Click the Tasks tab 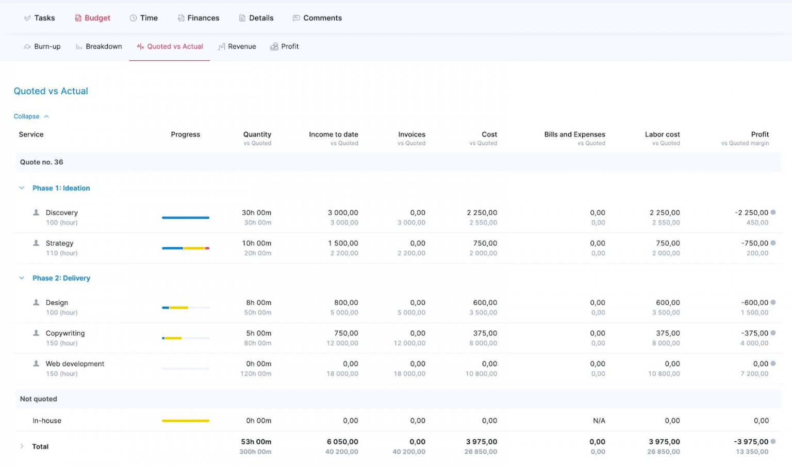(40, 18)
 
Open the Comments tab (317, 18)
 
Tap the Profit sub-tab (285, 46)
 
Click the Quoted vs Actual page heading (51, 91)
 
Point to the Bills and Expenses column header (574, 134)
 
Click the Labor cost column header (662, 134)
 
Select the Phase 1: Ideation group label (61, 188)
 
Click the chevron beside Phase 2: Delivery (22, 278)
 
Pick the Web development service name (75, 364)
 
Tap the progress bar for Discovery (186, 217)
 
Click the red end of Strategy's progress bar (207, 248)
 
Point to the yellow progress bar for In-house (186, 421)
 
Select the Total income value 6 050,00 (342, 442)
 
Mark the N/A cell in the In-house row (599, 421)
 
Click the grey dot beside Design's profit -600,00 (773, 302)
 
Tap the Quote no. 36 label (41, 162)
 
